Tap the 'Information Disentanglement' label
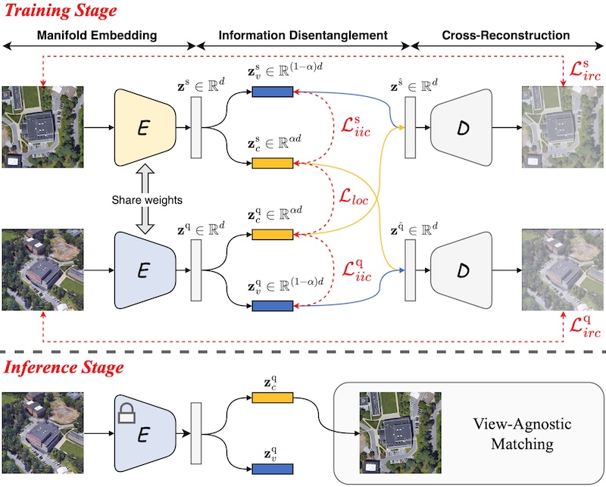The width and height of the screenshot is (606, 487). pos(303,36)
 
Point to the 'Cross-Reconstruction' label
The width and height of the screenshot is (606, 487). pos(506,36)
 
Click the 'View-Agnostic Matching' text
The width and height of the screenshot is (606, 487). pos(516,432)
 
